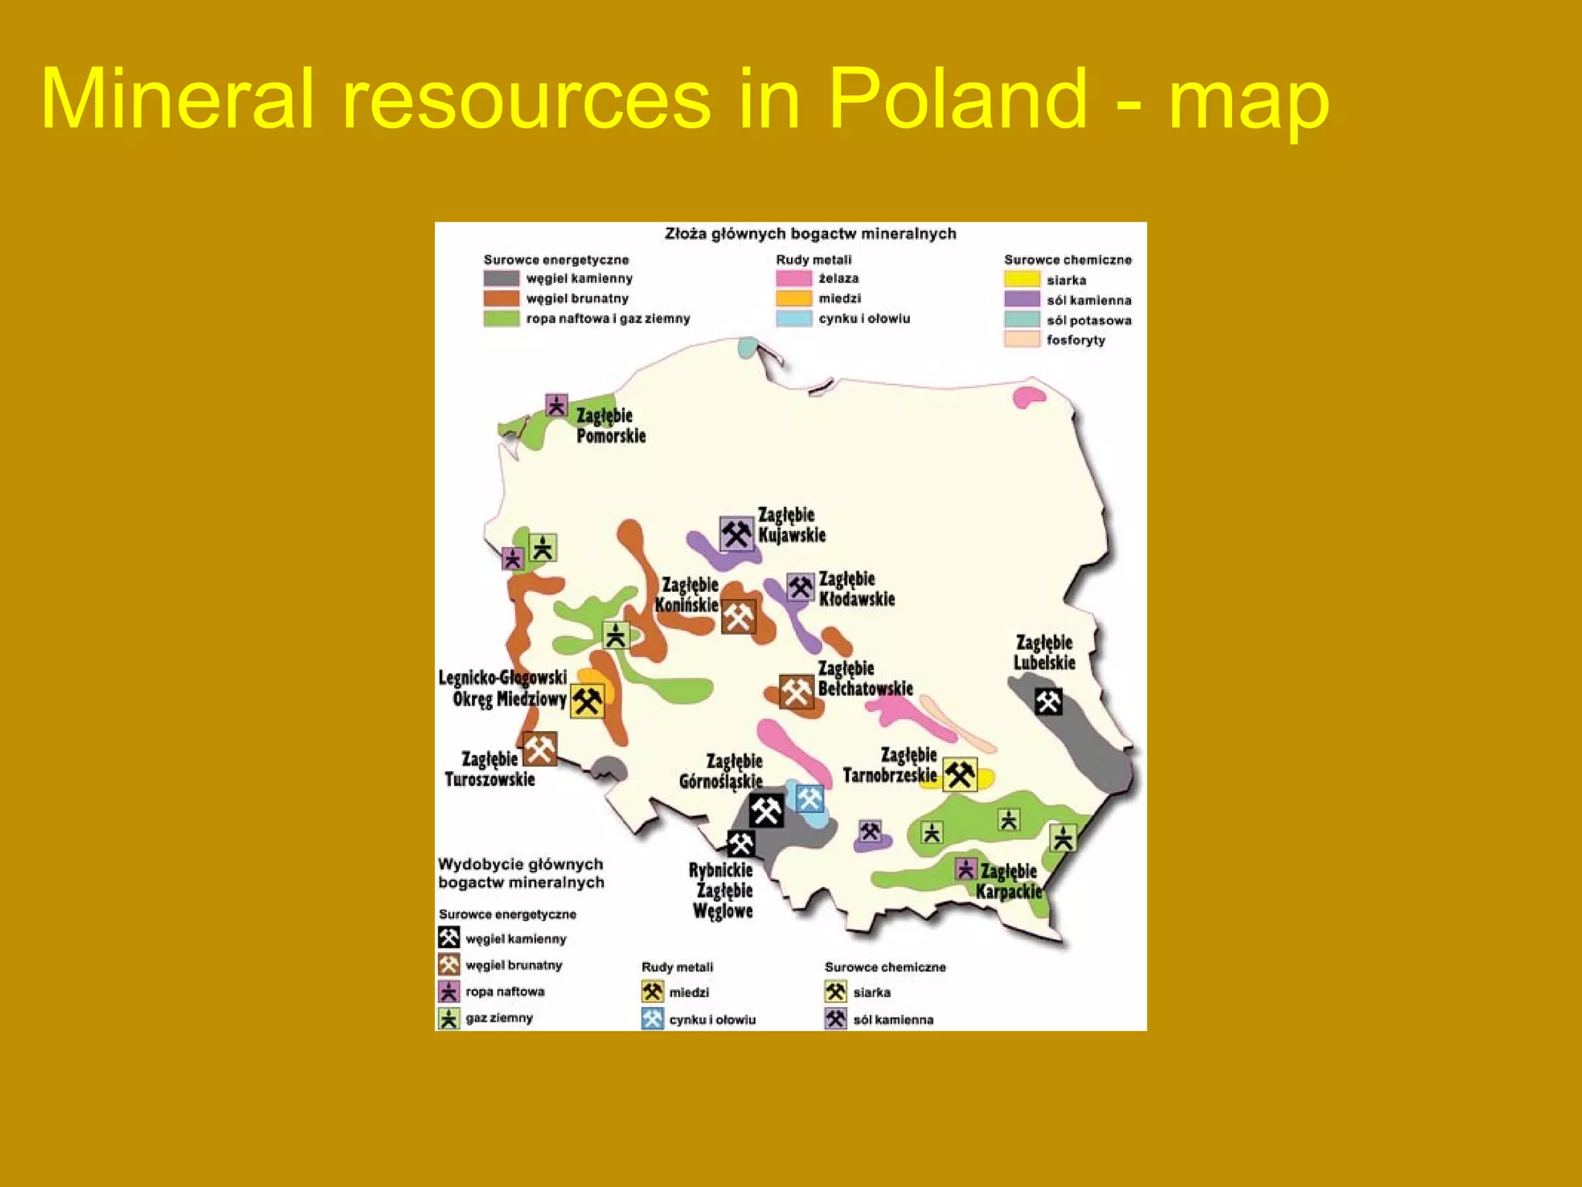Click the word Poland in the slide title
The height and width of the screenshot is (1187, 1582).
[x=956, y=99]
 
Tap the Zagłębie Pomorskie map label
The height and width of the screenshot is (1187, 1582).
[x=610, y=426]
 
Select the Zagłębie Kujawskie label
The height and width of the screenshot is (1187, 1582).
[x=791, y=525]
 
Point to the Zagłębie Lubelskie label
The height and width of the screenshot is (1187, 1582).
[x=1044, y=652]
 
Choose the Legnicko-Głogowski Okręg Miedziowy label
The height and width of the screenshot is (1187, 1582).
[x=504, y=689]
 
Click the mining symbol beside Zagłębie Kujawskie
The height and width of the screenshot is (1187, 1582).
[x=736, y=533]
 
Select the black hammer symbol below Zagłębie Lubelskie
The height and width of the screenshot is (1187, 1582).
[x=1048, y=702]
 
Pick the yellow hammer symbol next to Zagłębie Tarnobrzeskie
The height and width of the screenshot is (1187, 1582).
[x=959, y=774]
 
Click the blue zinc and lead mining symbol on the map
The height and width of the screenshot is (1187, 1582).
[x=810, y=798]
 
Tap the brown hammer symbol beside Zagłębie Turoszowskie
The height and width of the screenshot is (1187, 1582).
[x=540, y=749]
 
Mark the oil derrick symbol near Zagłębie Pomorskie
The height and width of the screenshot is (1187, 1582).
[x=556, y=405]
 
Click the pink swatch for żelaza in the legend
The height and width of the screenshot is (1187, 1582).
[x=793, y=278]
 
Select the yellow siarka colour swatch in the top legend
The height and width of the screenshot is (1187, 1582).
[x=1022, y=280]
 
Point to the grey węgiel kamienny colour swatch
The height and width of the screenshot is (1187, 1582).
[x=501, y=278]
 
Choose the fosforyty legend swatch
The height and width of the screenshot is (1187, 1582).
[x=1022, y=339]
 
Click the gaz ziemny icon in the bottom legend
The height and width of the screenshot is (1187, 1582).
[x=449, y=1018]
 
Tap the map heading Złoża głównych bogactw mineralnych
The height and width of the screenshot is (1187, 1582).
[x=810, y=233]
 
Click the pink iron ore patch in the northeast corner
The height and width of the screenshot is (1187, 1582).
[x=1028, y=397]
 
